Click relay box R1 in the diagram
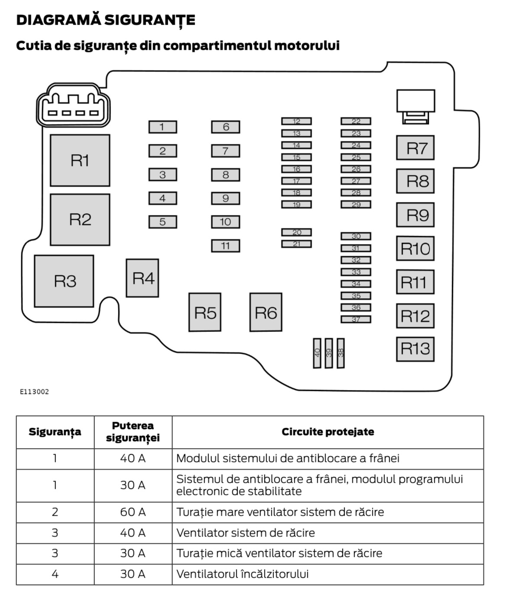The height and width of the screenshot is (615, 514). (x=80, y=160)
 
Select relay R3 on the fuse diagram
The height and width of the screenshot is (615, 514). (x=64, y=281)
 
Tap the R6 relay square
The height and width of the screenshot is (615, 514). (x=266, y=312)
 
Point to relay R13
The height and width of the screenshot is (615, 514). (x=415, y=349)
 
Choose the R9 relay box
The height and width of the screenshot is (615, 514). (x=415, y=215)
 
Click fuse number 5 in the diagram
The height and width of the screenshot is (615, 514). (x=163, y=222)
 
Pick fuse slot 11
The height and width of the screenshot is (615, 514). (x=225, y=246)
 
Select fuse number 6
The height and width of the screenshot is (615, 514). (x=225, y=127)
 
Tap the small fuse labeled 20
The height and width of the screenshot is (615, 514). (x=296, y=233)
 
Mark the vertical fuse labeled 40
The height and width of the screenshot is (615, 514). (x=317, y=353)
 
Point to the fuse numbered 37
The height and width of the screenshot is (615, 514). (x=356, y=319)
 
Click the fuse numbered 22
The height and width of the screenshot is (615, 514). (x=356, y=121)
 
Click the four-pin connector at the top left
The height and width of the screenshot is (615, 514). (x=73, y=105)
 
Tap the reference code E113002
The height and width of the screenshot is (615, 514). (x=35, y=392)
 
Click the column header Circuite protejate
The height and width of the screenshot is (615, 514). (x=328, y=432)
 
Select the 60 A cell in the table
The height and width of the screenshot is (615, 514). (x=133, y=512)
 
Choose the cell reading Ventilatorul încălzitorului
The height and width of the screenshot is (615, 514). (x=243, y=574)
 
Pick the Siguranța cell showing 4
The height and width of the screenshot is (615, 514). (x=55, y=574)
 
